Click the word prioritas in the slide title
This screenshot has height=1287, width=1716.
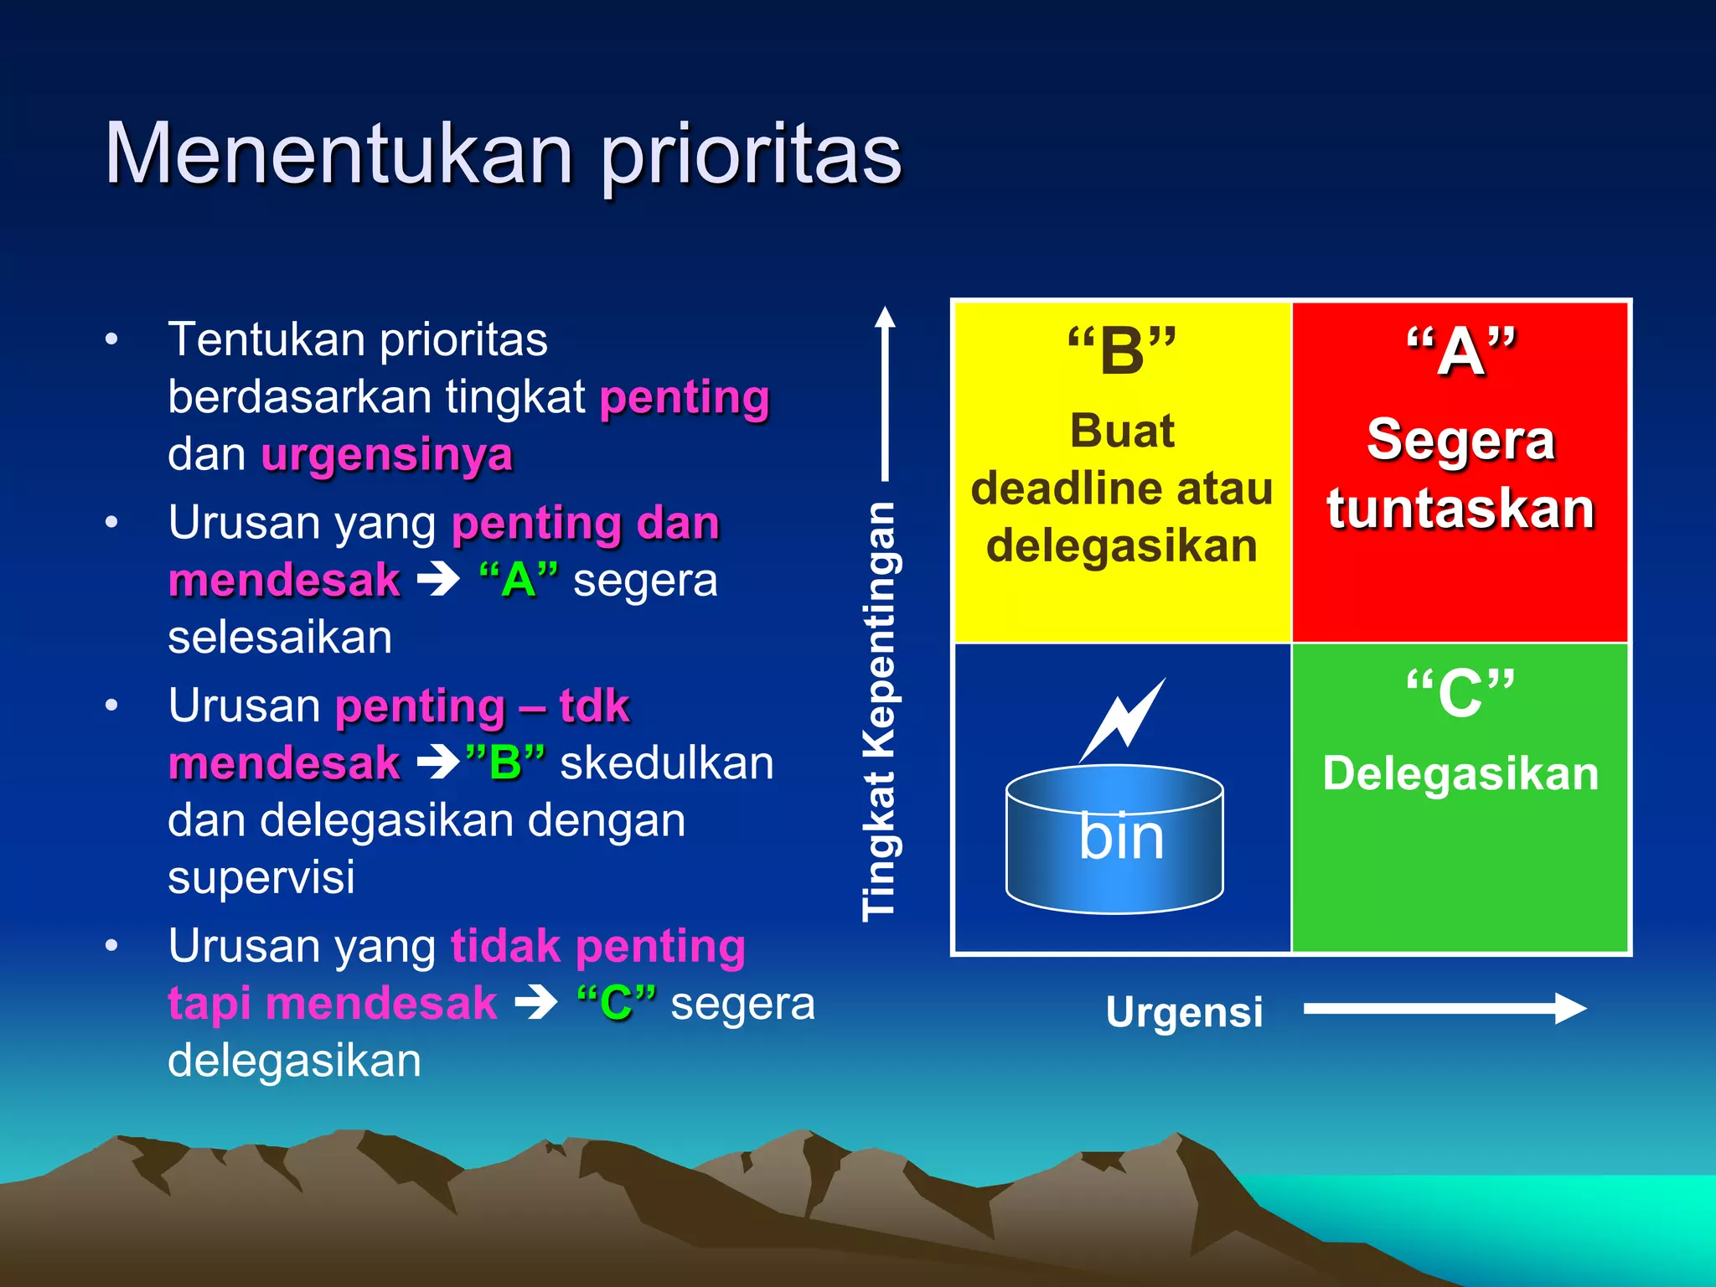tap(752, 157)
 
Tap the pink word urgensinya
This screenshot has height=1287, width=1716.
tap(386, 455)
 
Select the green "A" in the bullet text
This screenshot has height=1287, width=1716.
tap(519, 580)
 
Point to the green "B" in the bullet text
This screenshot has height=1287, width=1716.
tap(505, 763)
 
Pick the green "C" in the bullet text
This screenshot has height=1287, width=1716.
tap(617, 1003)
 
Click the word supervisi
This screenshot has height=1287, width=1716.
tap(261, 878)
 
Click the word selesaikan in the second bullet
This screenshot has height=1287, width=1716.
tap(280, 638)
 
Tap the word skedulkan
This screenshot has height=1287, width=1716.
tap(667, 763)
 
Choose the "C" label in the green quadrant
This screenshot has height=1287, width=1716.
tap(1460, 694)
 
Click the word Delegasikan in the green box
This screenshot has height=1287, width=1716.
tap(1460, 773)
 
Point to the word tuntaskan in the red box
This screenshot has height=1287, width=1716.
tap(1460, 509)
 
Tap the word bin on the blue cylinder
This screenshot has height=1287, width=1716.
tap(1121, 837)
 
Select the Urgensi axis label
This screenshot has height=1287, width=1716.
tap(1184, 1011)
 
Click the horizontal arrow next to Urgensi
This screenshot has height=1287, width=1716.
tap(1445, 1008)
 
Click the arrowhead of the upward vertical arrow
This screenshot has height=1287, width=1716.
tap(885, 318)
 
